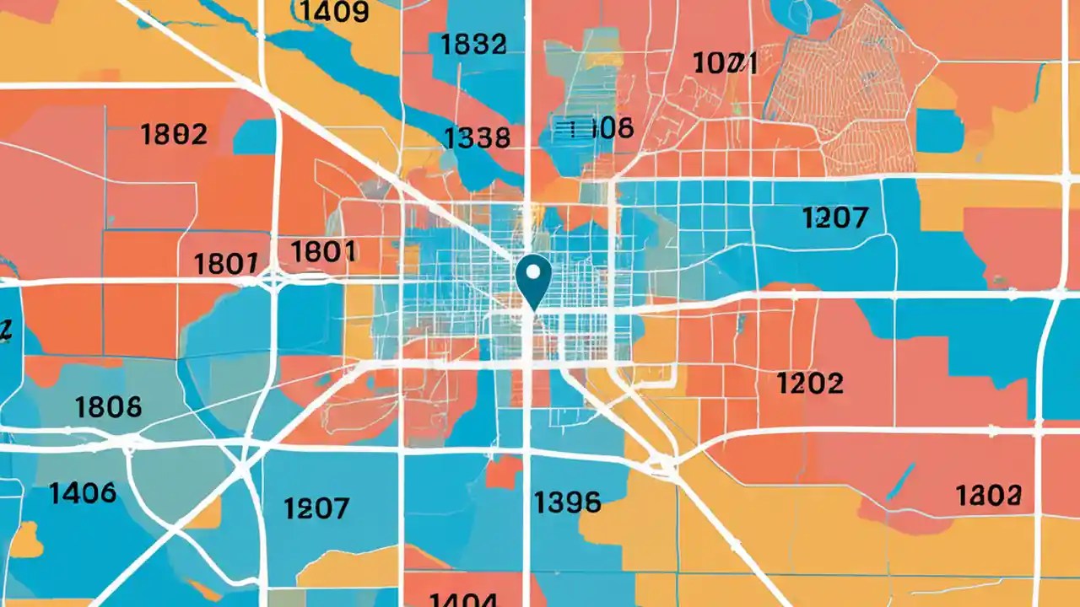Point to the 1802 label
(173, 134)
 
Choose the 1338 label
(477, 137)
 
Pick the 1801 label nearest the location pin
(323, 250)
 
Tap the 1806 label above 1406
(109, 408)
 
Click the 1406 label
(83, 492)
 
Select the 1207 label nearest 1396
(316, 508)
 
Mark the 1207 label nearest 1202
(834, 218)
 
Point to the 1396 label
(568, 503)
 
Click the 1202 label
(809, 384)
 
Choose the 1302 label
(989, 495)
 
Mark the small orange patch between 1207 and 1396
(504, 471)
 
